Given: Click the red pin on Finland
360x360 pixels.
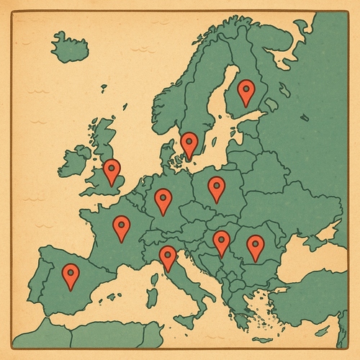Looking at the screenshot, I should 247,91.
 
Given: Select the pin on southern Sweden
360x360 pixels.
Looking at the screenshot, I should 189,144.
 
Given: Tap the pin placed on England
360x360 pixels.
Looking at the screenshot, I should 112,171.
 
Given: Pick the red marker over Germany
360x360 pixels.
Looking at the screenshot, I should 163,200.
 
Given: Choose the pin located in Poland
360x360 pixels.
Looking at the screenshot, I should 217,188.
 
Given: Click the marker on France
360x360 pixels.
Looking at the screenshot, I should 122,228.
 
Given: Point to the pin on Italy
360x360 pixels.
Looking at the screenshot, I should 168,257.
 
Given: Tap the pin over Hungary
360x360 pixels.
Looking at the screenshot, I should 221,242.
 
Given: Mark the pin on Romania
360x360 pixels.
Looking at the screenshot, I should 255,247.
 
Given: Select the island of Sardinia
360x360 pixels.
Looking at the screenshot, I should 153,296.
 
